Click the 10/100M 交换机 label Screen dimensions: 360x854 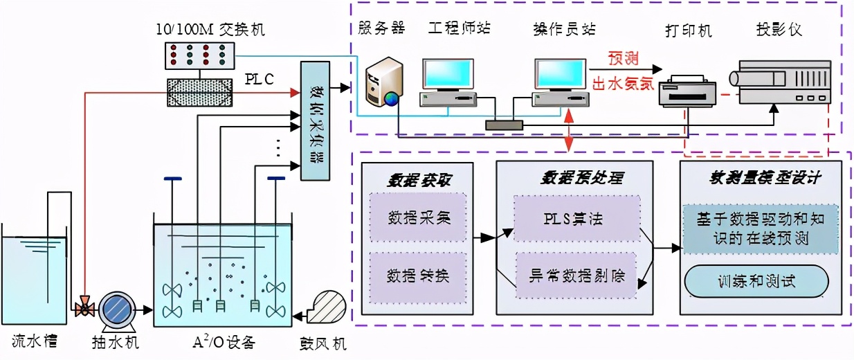[x=211, y=30]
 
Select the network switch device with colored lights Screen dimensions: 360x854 [x=200, y=55]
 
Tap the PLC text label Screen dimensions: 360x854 [x=260, y=80]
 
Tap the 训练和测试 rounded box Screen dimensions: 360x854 [x=756, y=282]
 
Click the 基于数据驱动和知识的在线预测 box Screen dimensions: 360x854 [x=760, y=229]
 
